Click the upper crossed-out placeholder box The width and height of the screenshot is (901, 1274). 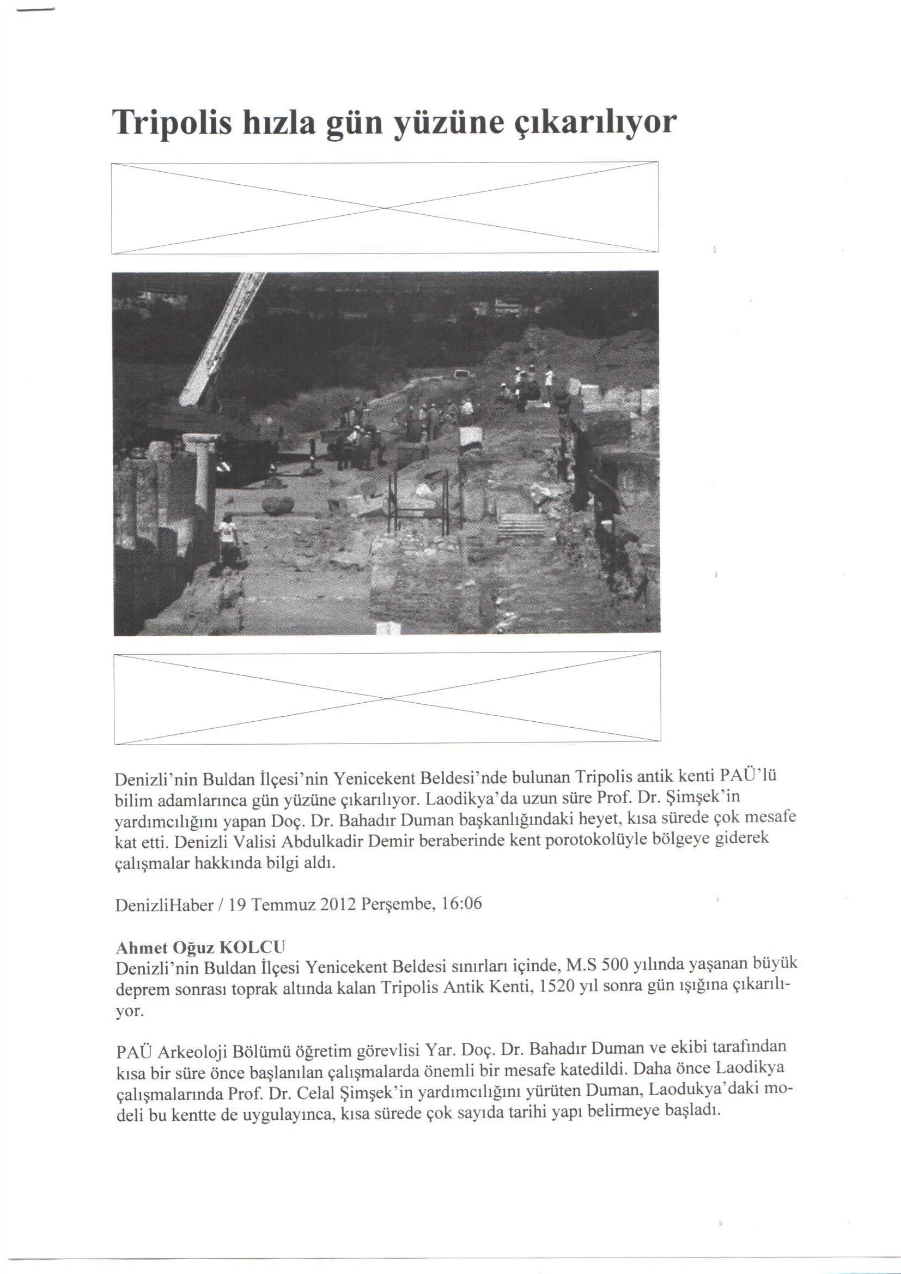click(x=385, y=208)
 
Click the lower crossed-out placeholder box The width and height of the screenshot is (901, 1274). click(x=387, y=698)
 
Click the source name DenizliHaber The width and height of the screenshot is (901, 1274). click(x=164, y=905)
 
